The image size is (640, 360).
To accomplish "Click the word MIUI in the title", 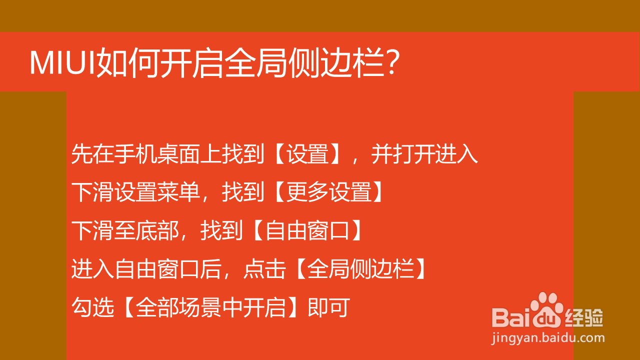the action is [x=62, y=63].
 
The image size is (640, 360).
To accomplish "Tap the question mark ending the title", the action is [x=392, y=61].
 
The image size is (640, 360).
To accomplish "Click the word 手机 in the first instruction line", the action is [x=135, y=154].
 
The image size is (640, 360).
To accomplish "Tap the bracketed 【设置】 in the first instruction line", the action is [x=307, y=154].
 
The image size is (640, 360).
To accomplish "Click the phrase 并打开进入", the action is [x=424, y=154].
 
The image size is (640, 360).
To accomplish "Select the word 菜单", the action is [x=178, y=192].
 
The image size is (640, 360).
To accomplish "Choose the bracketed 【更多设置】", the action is [x=329, y=192].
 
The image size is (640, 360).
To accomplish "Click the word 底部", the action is [x=157, y=230].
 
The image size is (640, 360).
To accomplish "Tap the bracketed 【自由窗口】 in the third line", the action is [x=307, y=230].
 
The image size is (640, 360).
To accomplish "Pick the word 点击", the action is [x=264, y=269].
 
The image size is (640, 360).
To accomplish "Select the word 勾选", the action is [x=93, y=307].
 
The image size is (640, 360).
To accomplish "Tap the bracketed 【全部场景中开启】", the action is [x=211, y=307].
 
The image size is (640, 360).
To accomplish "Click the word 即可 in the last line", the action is [x=329, y=307].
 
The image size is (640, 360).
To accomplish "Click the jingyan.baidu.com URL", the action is [x=548, y=338].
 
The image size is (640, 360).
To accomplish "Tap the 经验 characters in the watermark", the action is [x=584, y=317].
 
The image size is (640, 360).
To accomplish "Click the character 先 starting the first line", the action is [x=82, y=154].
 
